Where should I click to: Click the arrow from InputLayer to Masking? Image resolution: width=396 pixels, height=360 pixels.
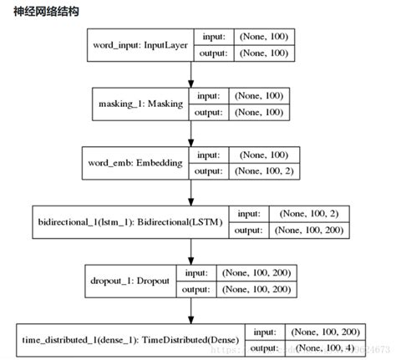point(191,73)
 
